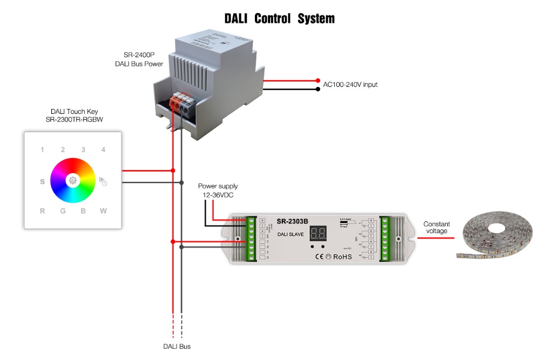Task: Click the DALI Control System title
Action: point(279,19)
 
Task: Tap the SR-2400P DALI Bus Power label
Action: point(139,60)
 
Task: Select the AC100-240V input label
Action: point(350,85)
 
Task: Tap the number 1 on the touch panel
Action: point(43,150)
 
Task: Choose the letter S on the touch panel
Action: point(43,182)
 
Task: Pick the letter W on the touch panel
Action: point(103,211)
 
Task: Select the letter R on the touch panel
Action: point(43,211)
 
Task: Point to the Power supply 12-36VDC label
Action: point(218,191)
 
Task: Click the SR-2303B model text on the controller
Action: point(292,221)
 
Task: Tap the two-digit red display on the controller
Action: point(318,234)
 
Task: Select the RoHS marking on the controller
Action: point(342,256)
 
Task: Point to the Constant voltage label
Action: point(436,228)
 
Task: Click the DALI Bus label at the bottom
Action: point(177,347)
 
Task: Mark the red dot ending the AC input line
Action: point(318,80)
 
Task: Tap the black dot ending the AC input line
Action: point(318,89)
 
